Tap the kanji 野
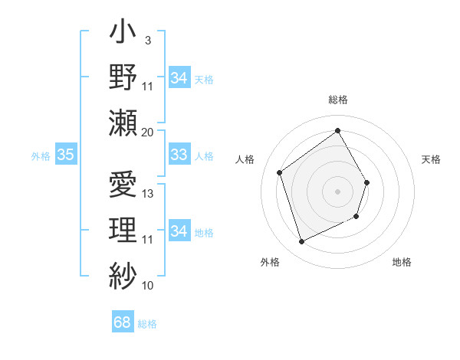(x=122, y=78)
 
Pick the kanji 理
(x=122, y=229)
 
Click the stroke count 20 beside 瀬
(x=148, y=132)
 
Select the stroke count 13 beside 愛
(x=148, y=194)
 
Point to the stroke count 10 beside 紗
(x=148, y=286)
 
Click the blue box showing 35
(x=65, y=155)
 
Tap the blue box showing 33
(x=179, y=155)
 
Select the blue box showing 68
(x=122, y=322)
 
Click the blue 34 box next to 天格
(x=179, y=78)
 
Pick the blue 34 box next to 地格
(x=179, y=231)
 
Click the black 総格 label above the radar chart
(x=337, y=100)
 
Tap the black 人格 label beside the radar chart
(x=245, y=159)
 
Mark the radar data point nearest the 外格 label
(x=301, y=242)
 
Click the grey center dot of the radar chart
(x=337, y=191)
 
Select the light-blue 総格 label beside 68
(x=147, y=324)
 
